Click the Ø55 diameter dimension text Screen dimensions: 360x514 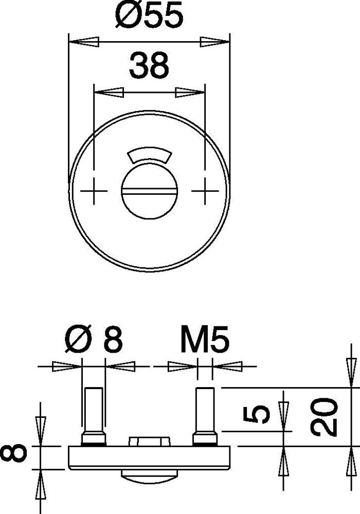[150, 15]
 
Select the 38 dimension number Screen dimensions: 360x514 [149, 65]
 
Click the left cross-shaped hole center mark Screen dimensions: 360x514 [94, 191]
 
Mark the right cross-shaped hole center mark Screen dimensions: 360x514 [205, 191]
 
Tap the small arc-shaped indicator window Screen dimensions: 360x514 [150, 154]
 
